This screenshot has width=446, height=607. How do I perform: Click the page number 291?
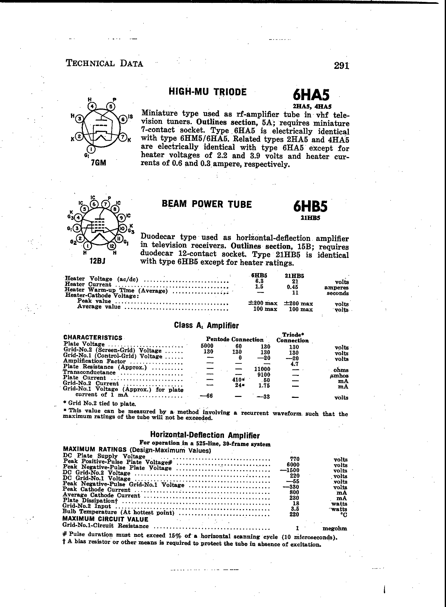[x=342, y=65]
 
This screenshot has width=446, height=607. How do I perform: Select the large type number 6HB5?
[x=310, y=207]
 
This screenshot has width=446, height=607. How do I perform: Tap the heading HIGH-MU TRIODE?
[x=207, y=92]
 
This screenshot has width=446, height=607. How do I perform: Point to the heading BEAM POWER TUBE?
[x=207, y=204]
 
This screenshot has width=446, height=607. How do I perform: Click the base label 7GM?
[x=98, y=163]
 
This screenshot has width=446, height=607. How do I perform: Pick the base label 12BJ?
[x=97, y=261]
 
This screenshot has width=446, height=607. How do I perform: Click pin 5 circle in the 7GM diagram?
[x=111, y=106]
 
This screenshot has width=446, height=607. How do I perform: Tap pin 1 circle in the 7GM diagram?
[x=92, y=149]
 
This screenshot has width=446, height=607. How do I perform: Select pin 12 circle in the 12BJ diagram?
[x=111, y=246]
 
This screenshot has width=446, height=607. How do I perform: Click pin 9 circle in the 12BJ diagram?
[x=121, y=218]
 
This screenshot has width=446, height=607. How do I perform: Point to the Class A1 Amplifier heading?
[x=206, y=325]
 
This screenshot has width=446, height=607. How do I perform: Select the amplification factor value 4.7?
[x=294, y=364]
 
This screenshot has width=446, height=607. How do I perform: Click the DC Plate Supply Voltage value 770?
[x=295, y=459]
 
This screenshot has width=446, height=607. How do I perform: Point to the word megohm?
[x=334, y=528]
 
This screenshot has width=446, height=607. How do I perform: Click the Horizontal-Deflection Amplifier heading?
[x=205, y=435]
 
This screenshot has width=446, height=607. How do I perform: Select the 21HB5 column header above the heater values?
[x=294, y=276]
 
